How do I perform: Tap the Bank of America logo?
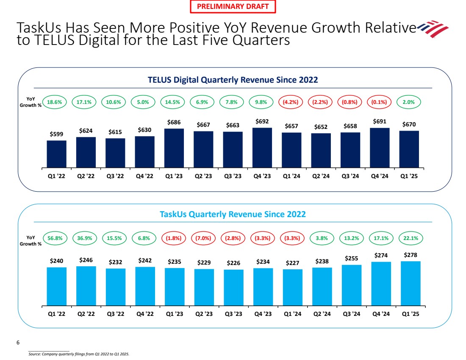[433, 28]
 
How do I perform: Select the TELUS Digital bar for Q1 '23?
[174, 148]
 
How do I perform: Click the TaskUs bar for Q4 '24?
[380, 283]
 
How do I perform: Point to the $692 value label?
[262, 121]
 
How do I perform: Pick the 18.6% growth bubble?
[56, 102]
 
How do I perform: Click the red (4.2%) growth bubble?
[291, 102]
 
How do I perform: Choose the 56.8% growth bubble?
[56, 238]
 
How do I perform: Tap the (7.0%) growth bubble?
[203, 238]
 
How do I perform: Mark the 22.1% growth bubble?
[409, 238]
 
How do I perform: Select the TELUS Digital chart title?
[233, 80]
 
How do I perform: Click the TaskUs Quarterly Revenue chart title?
[233, 215]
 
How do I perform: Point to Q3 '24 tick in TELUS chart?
[350, 176]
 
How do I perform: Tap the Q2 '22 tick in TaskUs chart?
[86, 314]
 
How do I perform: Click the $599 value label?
[56, 134]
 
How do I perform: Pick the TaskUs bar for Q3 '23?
[233, 287]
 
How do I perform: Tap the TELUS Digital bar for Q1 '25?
[409, 149]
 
